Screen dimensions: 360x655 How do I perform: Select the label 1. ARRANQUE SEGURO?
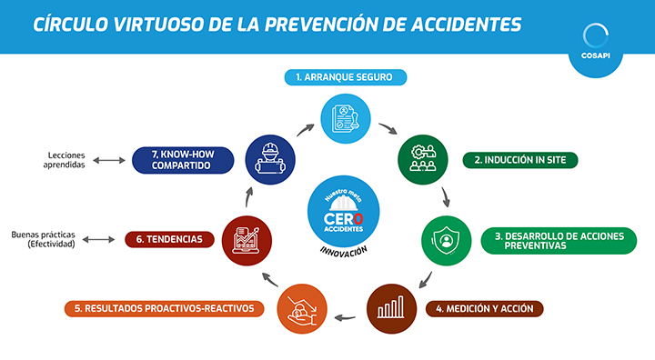coord(344,77)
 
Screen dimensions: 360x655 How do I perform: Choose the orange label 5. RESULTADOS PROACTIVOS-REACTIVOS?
coord(164,308)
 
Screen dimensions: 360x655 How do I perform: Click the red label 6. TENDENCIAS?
coord(170,239)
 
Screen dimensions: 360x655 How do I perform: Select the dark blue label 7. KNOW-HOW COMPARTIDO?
coord(182,160)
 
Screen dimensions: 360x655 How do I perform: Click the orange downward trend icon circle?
coord(299,307)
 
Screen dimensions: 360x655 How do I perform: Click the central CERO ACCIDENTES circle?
coord(344,213)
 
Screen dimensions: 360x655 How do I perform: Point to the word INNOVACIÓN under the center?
coord(344,251)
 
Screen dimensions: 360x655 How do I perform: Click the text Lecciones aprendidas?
coord(66,160)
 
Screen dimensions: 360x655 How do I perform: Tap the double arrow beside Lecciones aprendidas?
coord(108,161)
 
